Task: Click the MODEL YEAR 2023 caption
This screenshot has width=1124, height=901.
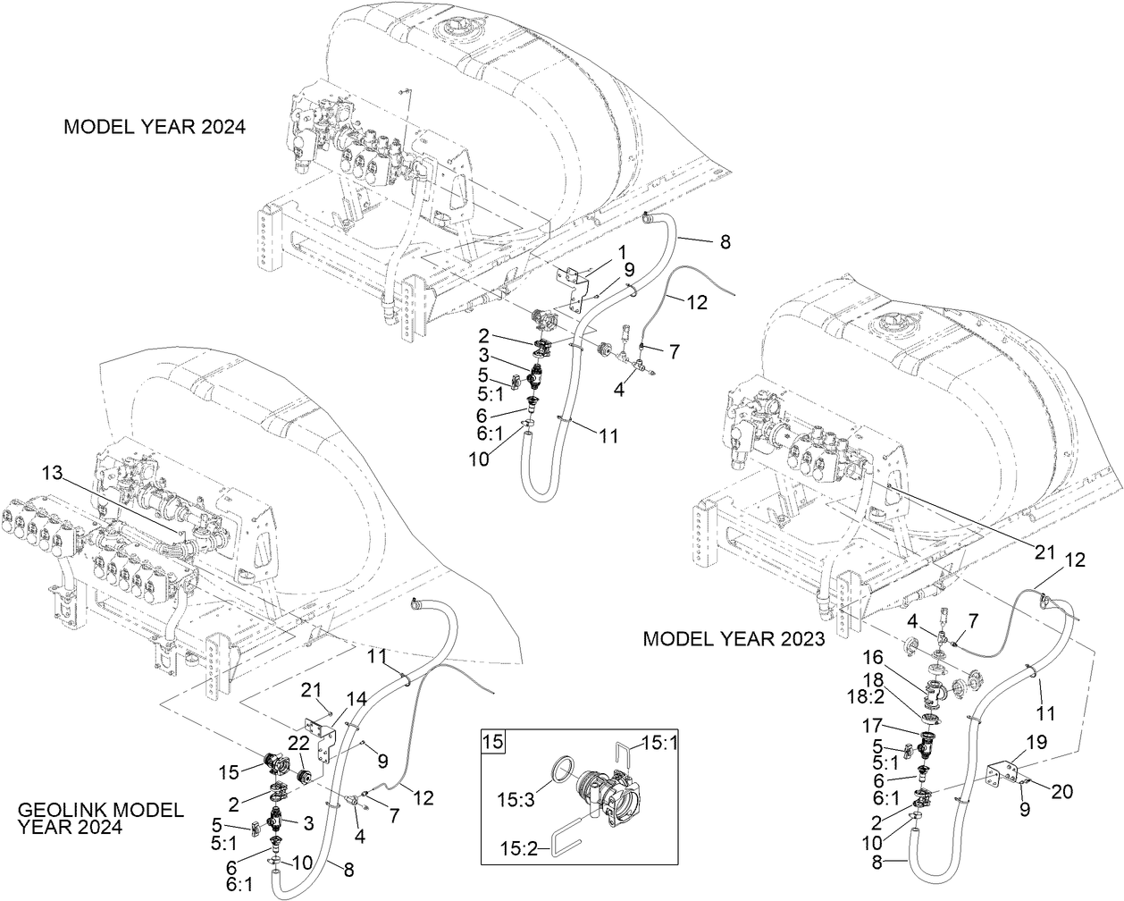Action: click(734, 639)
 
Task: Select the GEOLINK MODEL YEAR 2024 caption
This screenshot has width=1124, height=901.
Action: click(100, 818)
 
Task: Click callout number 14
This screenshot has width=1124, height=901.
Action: click(356, 697)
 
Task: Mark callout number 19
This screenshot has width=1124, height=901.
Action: click(1036, 741)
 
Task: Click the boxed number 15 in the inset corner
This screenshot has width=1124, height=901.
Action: click(492, 741)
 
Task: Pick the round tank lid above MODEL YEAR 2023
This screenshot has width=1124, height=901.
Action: click(894, 323)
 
